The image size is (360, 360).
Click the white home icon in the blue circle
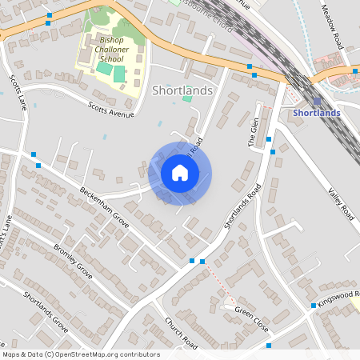pos(180,172)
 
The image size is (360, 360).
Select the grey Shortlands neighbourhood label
pos(182,90)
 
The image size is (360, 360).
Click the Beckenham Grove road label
pos(105,205)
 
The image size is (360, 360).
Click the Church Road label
pos(181,331)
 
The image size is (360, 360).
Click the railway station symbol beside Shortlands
pos(317,102)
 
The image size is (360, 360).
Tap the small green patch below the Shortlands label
pos(187,98)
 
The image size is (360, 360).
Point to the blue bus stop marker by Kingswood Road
pos(313,306)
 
